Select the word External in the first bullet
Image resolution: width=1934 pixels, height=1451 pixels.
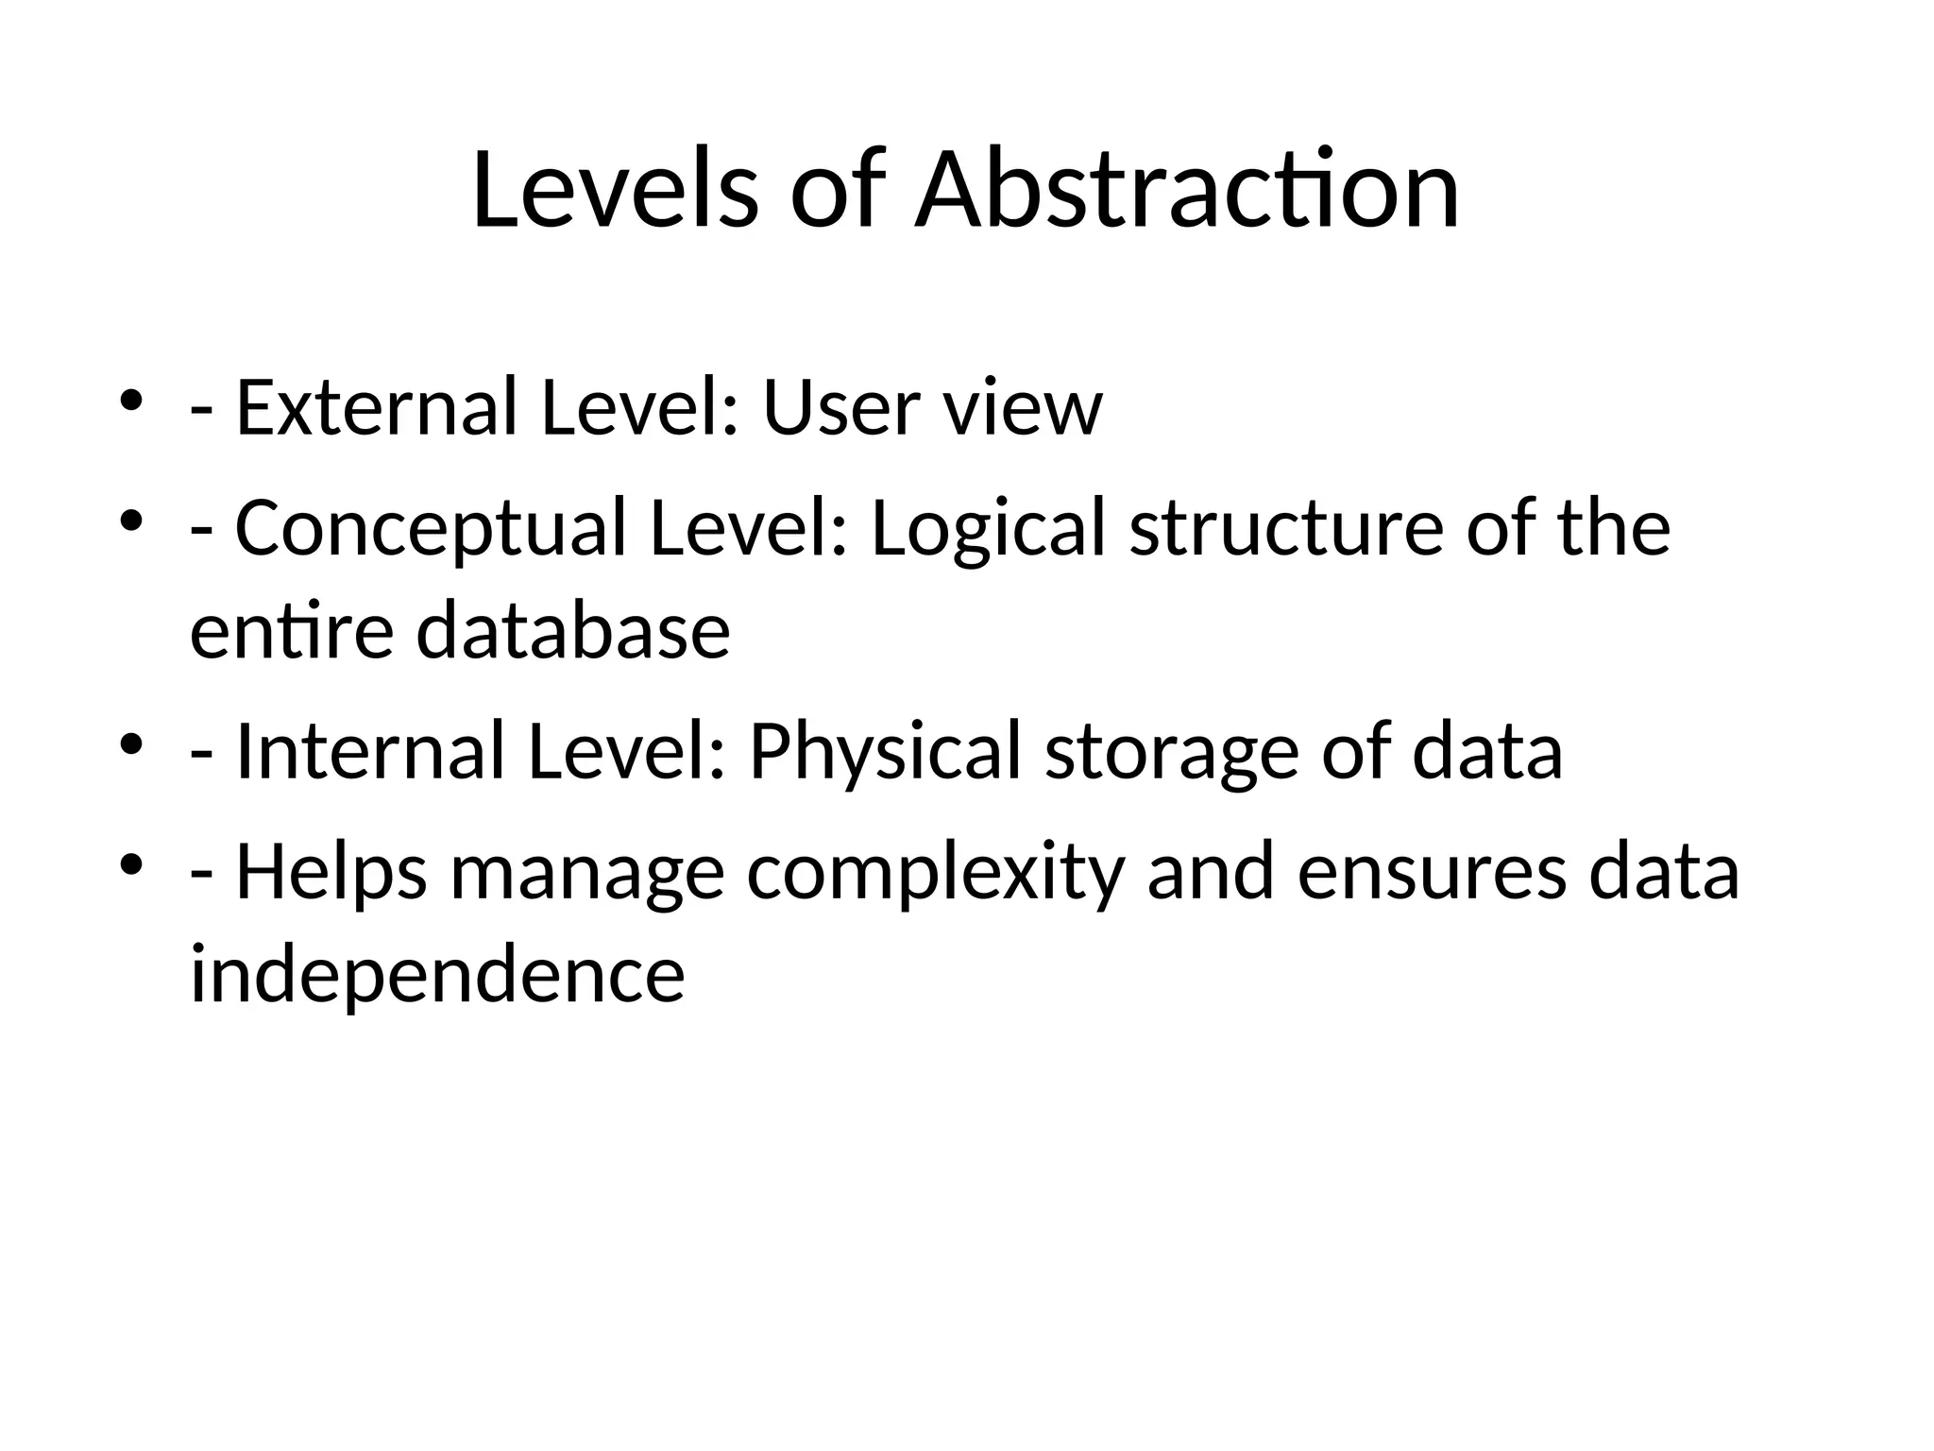377,408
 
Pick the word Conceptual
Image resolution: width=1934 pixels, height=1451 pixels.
431,529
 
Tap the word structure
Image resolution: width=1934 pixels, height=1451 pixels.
1286,529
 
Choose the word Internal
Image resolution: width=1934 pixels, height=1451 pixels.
370,752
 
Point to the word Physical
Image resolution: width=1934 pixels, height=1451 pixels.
885,752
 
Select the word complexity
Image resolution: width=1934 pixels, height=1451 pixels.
936,873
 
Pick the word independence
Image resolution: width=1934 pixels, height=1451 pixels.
437,975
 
